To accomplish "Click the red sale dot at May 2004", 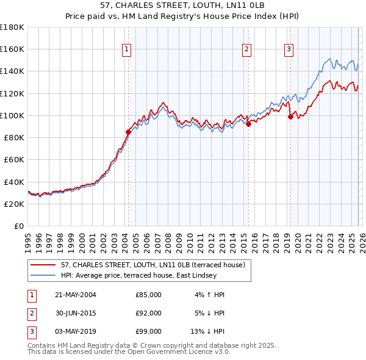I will [x=128, y=131].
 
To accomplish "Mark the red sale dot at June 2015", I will [x=248, y=124].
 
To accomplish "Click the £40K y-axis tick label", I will [x=13, y=182].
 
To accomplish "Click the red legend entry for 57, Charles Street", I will [x=152, y=265].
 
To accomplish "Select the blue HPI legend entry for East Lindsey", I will [x=138, y=275].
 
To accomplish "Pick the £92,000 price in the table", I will [x=148, y=313].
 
